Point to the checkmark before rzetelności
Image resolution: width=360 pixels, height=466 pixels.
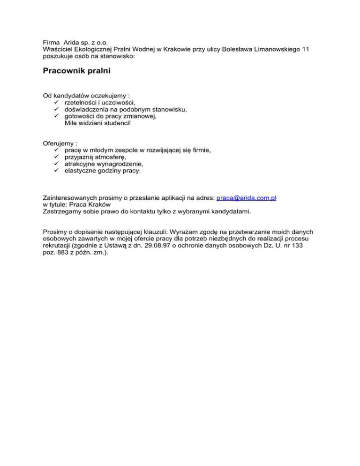[57, 102]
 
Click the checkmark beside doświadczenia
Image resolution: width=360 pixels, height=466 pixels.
[57, 109]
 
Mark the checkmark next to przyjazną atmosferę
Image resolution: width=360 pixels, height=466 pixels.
[57, 157]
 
